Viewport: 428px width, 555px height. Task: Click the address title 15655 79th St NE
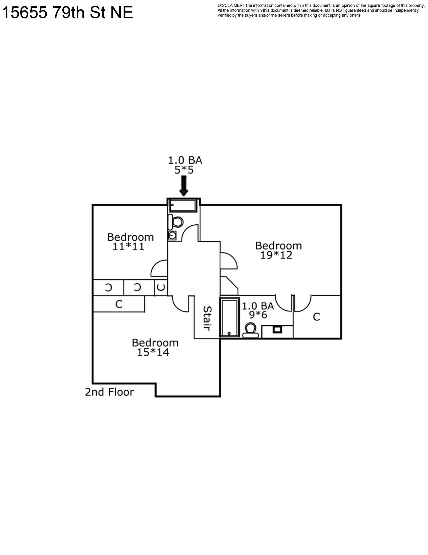tap(67, 13)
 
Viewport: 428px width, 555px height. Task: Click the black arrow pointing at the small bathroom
tap(184, 186)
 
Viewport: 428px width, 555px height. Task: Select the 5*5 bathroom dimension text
tap(184, 170)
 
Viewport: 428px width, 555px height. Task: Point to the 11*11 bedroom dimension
tap(128, 247)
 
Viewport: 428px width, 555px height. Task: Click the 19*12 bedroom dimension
tap(276, 255)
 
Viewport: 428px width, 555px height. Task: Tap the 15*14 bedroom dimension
tap(153, 352)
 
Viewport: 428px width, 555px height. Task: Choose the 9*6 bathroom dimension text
tap(258, 315)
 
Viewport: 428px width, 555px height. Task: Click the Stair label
tap(207, 318)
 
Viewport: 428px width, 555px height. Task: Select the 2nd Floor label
tap(109, 392)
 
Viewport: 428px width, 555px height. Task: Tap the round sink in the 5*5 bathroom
tap(172, 236)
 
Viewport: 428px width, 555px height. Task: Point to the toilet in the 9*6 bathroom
tap(251, 330)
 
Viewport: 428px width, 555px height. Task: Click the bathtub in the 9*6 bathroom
tap(229, 317)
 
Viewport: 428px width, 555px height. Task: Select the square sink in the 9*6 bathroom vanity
tap(277, 329)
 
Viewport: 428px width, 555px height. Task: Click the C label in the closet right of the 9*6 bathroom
tap(316, 317)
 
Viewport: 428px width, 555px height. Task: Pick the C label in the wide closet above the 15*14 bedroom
tap(119, 304)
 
